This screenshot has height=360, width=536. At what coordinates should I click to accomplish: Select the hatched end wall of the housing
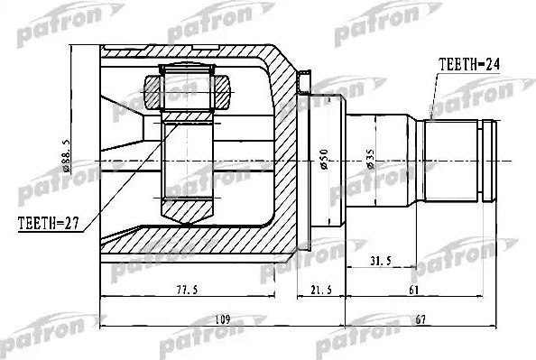tap(289, 162)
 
